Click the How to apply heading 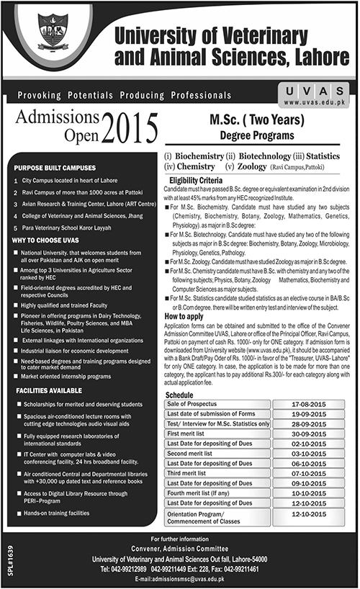tap(185, 315)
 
